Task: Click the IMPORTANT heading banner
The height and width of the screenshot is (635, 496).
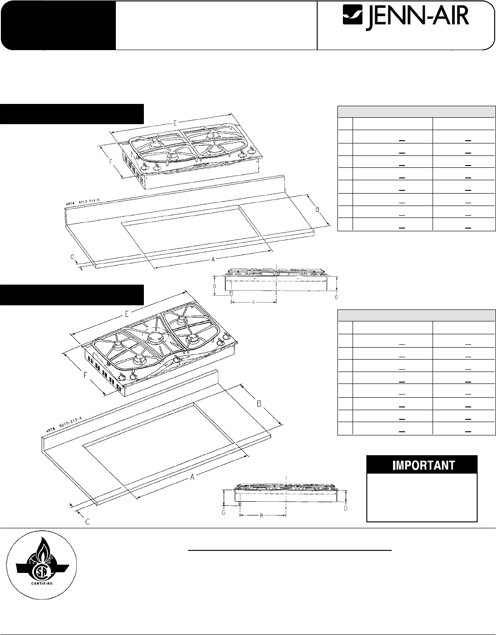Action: point(422,465)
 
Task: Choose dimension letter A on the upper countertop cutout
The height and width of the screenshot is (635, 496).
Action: point(213,260)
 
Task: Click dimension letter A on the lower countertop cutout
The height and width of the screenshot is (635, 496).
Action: point(194,477)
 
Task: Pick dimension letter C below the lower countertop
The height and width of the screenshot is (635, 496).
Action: point(88,522)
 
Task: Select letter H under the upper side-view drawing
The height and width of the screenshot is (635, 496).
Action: point(253,302)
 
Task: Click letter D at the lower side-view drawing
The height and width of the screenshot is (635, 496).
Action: point(345,509)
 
